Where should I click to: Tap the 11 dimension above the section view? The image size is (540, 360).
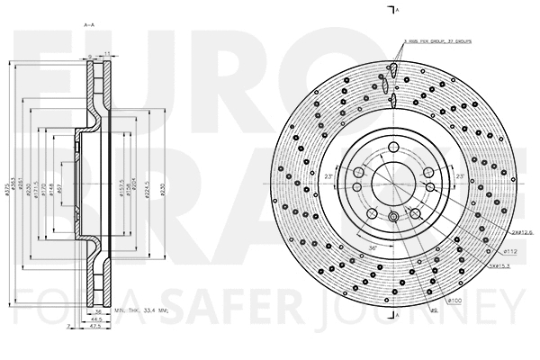(105, 55)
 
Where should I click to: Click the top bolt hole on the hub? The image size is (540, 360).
(392, 148)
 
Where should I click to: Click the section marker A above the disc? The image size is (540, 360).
(398, 9)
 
